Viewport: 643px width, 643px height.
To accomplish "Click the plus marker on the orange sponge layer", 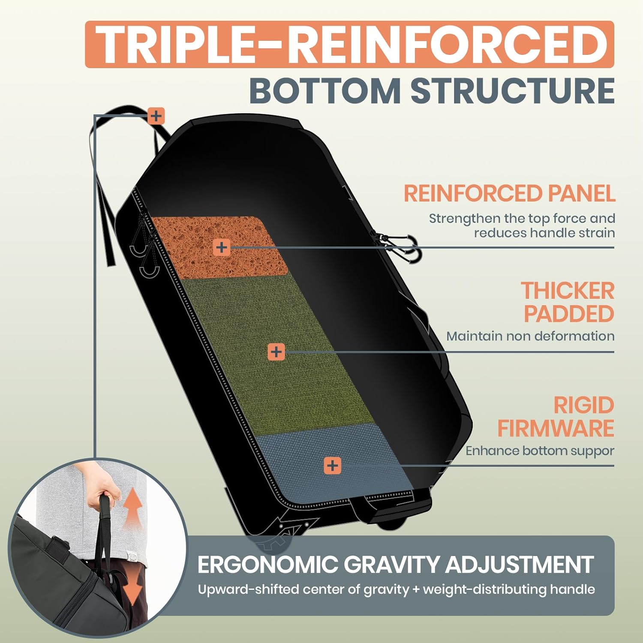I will point(221,247).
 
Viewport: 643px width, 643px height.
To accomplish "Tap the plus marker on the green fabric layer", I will point(276,352).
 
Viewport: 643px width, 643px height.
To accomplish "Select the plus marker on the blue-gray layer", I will point(332,466).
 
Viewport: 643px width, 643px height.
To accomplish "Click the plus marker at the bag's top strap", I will point(156,116).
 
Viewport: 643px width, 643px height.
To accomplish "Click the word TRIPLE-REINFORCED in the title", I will point(349,45).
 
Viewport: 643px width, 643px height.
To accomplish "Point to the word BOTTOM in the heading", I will point(325,91).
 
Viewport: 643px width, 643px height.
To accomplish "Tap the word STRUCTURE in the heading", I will point(513,91).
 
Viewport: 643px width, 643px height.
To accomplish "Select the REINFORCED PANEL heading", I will point(509,193).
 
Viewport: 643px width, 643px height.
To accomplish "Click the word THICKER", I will point(568,291).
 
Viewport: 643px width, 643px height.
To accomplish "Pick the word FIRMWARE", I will point(556,428).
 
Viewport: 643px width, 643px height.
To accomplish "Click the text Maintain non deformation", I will point(530,336).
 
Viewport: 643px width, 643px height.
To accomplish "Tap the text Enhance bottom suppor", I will point(540,451).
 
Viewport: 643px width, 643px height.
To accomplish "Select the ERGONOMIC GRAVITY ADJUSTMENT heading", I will point(395,565).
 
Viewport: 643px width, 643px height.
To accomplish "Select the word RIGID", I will point(583,405).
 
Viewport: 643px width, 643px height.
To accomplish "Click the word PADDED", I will point(569,314).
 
